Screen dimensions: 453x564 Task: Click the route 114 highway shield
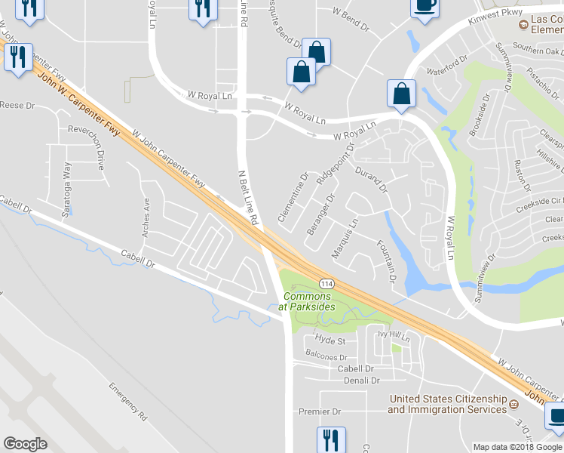pyautogui.click(x=326, y=282)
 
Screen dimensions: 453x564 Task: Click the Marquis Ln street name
pyautogui.click(x=345, y=236)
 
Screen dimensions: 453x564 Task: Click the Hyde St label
pyautogui.click(x=330, y=341)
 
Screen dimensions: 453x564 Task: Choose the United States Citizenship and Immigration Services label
pyautogui.click(x=447, y=404)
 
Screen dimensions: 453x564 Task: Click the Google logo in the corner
pyautogui.click(x=25, y=444)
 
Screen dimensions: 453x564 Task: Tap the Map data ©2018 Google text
pyautogui.click(x=517, y=447)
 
